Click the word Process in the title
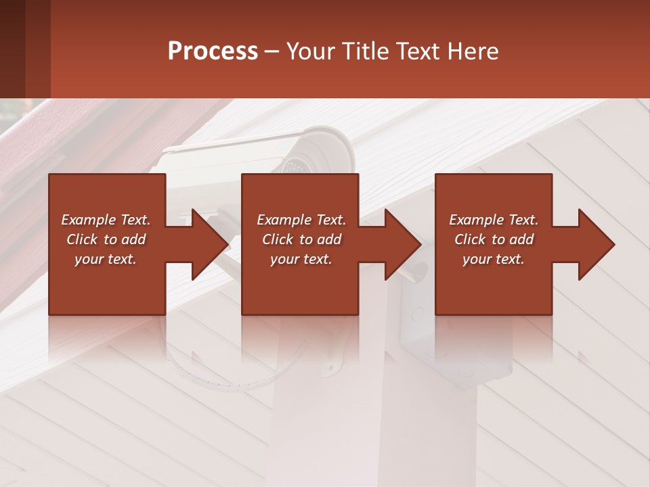click(x=213, y=51)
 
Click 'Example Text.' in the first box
click(x=106, y=220)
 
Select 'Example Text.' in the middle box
click(x=301, y=220)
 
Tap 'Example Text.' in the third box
click(x=494, y=220)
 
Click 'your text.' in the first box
click(x=106, y=259)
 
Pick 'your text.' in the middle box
click(x=301, y=259)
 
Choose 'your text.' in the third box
click(x=494, y=259)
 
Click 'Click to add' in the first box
click(x=106, y=239)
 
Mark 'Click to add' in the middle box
click(x=301, y=239)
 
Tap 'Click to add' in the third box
click(x=494, y=239)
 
